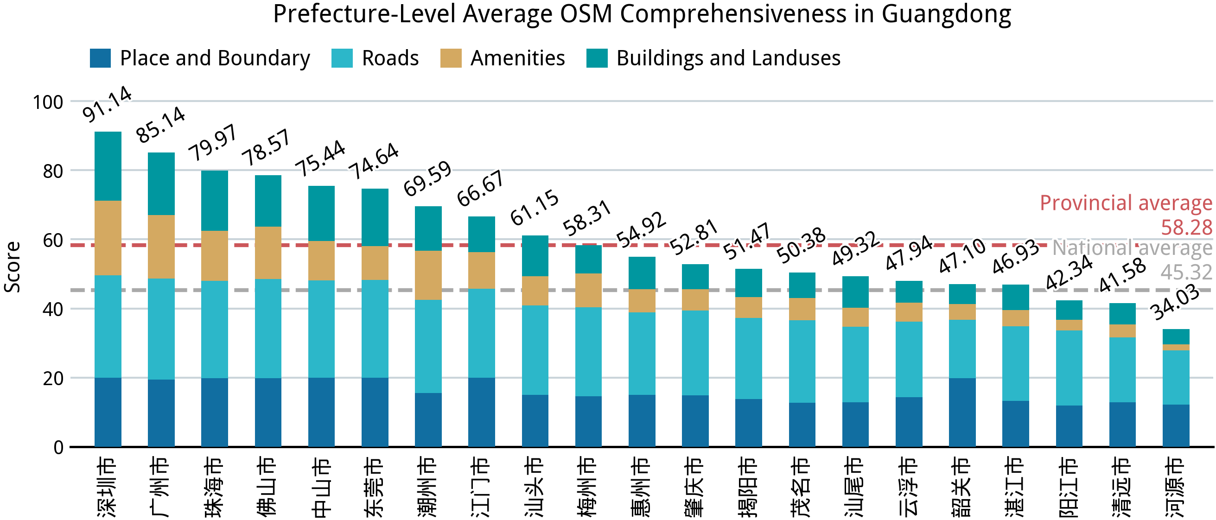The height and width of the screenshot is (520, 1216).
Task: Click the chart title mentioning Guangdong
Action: pos(642,14)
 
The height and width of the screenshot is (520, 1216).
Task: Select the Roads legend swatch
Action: pos(342,58)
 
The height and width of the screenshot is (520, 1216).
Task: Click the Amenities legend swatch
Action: pos(451,58)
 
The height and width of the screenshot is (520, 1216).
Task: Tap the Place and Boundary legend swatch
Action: pos(100,58)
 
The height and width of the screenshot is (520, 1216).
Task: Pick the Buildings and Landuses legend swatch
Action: pos(597,58)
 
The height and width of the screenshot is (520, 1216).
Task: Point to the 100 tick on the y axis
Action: pos(48,102)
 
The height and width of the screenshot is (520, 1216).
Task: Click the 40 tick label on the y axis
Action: pos(53,310)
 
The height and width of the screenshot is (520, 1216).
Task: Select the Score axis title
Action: pos(12,267)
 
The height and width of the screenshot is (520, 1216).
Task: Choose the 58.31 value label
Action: pos(587,218)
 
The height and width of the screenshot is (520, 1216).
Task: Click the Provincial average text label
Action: pos(1126,203)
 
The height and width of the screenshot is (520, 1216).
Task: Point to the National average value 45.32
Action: pos(1186,272)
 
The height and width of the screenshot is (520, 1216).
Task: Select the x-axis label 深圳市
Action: pos(107,487)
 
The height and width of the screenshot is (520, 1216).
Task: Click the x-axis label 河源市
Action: pos(1175,487)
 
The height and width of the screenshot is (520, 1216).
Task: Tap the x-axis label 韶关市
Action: pos(961,487)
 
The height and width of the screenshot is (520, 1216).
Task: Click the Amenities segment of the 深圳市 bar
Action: pos(108,238)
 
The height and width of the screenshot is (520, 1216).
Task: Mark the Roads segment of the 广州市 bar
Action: pos(161,329)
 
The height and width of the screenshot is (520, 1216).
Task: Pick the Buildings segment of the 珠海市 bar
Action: pos(214,201)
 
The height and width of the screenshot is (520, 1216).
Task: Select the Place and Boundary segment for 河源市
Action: pos(1175,425)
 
